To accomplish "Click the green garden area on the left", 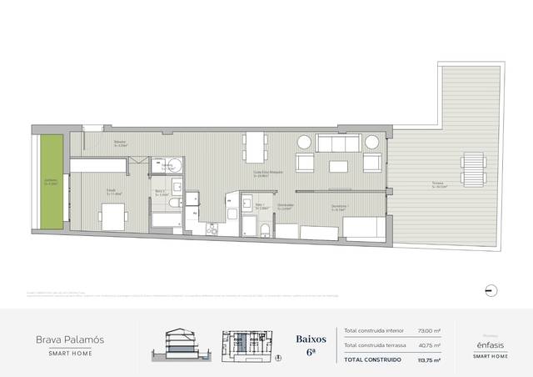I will coord(52,183).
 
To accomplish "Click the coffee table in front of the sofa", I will coord(339,166).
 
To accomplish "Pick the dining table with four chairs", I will coord(254,147).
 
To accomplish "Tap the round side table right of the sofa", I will coord(372,142).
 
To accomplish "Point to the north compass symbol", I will coord(491,289).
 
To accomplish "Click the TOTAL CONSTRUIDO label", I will coord(372,359).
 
